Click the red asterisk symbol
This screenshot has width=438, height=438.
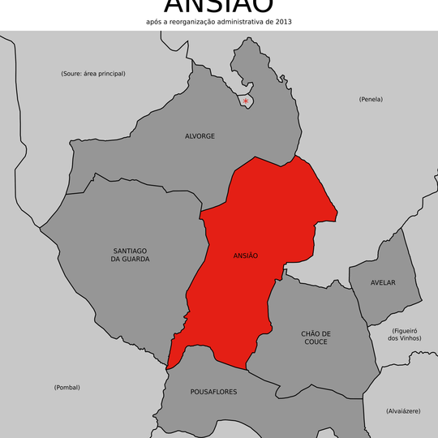pos(246,101)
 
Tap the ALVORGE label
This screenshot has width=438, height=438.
pos(200,136)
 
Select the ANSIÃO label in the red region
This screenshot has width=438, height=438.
pos(245,255)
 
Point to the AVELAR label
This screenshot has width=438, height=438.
pos(383,282)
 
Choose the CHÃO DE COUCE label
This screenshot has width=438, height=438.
pos(316,337)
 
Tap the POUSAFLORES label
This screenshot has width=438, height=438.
pos(213,392)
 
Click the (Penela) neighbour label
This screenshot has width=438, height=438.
pos(371,99)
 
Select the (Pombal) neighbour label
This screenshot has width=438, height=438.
pos(67,388)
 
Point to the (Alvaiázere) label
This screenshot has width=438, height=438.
pos(403,411)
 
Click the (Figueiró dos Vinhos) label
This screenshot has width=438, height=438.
pos(405,334)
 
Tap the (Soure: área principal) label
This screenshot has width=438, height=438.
pos(93,74)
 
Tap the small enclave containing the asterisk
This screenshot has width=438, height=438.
pos(247,99)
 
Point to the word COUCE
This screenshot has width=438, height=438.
pos(316,342)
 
